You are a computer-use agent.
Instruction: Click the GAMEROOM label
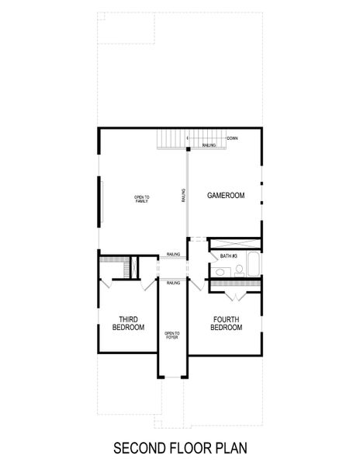226,196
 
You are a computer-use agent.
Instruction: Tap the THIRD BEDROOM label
129,323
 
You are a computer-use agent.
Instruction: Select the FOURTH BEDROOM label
226,323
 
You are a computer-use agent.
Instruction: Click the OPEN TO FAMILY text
141,200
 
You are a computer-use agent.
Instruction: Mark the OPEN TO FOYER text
171,336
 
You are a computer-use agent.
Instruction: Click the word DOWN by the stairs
232,138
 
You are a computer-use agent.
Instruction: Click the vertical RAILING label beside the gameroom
183,196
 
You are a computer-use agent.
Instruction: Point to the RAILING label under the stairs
209,145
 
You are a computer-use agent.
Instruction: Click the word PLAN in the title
228,448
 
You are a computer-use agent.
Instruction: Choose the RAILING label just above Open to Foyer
174,283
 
